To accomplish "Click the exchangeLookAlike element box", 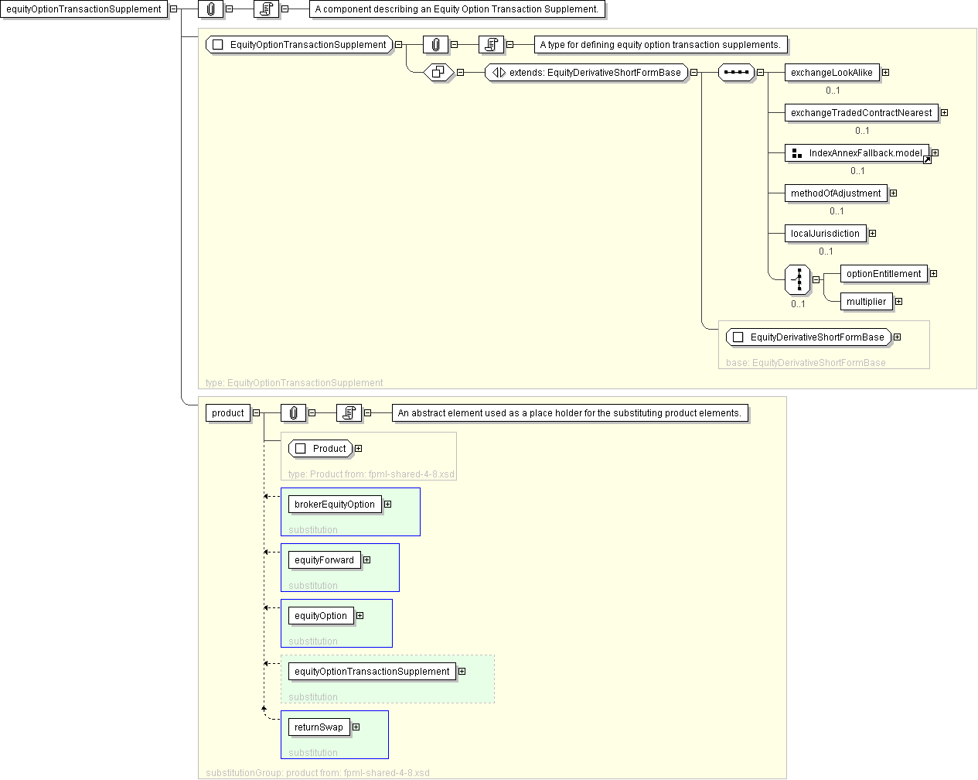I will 831,73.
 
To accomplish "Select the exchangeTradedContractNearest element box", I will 860,113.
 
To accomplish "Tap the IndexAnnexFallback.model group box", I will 857,153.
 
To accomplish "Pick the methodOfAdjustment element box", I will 835,193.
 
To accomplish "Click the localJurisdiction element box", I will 825,234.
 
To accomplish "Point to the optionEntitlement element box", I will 883,274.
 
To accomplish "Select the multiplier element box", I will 866,302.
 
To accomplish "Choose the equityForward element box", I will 324,560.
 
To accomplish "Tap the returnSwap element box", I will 319,727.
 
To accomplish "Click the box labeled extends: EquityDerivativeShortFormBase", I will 587,73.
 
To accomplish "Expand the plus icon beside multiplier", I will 898,302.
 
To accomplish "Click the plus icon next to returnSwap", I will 356,727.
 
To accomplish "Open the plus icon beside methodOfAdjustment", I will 893,193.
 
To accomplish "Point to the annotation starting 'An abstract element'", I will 569,413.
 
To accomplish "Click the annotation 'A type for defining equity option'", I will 660,45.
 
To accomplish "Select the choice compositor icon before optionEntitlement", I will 798,279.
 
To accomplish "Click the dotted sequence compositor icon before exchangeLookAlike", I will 736,73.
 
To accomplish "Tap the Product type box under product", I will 321,449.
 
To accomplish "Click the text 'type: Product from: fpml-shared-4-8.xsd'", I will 371,474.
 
